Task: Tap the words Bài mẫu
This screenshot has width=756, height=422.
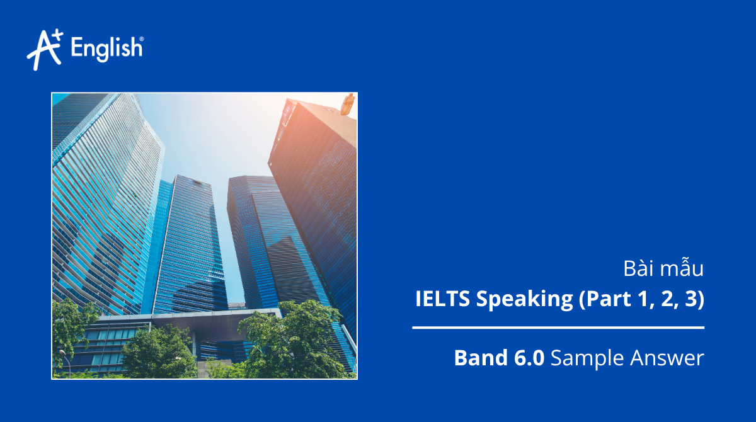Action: [663, 269]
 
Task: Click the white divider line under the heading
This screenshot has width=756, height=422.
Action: [558, 328]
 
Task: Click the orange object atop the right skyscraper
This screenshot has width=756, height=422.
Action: [347, 104]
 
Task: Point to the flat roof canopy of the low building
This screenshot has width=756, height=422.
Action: [189, 316]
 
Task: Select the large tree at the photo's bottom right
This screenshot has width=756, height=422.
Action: [290, 340]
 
